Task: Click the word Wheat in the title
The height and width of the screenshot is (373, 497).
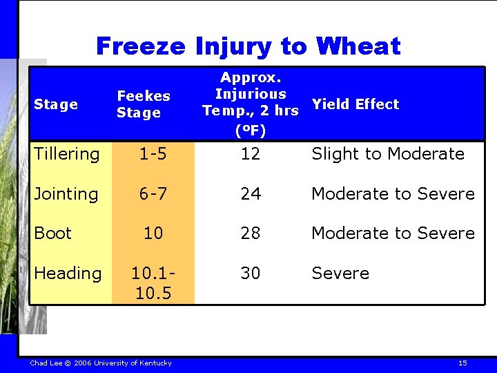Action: [x=358, y=46]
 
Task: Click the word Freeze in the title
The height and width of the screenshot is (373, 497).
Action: [x=141, y=46]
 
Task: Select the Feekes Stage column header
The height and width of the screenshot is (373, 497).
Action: [x=143, y=104]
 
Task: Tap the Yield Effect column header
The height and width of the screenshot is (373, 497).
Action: [x=355, y=104]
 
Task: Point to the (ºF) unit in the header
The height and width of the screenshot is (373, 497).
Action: [x=250, y=130]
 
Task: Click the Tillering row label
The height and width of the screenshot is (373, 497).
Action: [x=66, y=154]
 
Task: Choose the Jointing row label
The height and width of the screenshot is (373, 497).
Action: [x=66, y=194]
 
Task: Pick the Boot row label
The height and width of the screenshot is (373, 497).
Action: [x=52, y=233]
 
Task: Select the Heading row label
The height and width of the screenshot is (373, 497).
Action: [x=67, y=274]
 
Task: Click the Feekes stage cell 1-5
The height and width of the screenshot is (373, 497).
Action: [x=153, y=154]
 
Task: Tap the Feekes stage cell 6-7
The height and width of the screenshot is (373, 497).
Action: [x=153, y=194]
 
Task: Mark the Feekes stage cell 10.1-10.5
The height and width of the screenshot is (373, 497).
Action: [x=153, y=283]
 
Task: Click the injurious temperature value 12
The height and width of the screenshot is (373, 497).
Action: [x=250, y=154]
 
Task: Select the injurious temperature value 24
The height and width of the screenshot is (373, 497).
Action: [x=250, y=194]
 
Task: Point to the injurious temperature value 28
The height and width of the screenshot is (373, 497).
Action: [x=250, y=233]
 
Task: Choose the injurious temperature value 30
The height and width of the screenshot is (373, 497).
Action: [x=250, y=274]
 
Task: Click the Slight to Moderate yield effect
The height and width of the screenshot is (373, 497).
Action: [x=387, y=154]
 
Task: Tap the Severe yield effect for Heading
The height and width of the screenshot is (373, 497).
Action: [x=340, y=274]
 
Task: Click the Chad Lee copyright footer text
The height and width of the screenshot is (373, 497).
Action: [x=101, y=363]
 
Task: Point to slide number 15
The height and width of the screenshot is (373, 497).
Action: [x=462, y=363]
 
